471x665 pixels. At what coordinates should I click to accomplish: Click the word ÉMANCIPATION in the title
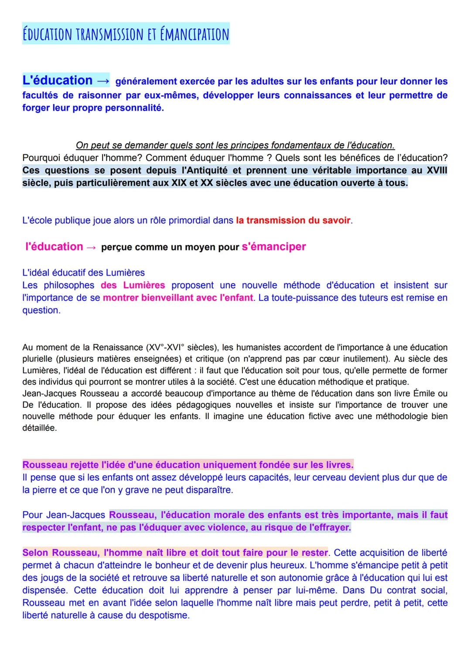(192, 34)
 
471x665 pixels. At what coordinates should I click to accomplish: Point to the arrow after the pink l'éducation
(91, 247)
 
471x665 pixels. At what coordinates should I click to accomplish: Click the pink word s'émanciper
(273, 247)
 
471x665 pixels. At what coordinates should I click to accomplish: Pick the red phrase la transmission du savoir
(293, 221)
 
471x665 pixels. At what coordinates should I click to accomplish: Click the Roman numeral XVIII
(437, 171)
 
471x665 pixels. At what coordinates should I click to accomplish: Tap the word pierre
(48, 490)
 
